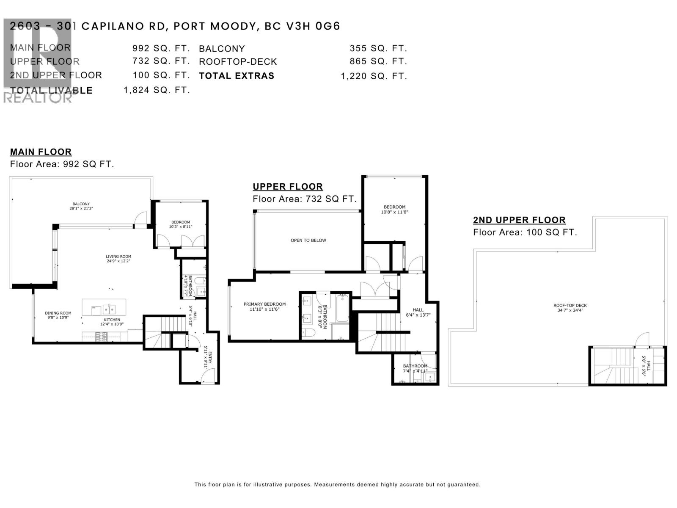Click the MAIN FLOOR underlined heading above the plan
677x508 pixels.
tap(41, 152)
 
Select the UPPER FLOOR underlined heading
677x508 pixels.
tap(288, 187)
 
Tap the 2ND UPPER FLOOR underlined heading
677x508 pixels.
tap(519, 220)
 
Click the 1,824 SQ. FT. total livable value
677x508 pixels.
tap(157, 90)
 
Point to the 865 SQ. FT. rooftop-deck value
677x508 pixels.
tap(378, 61)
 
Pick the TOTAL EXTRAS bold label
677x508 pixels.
tap(237, 76)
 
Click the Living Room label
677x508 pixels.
tap(118, 259)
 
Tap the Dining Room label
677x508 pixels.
tap(58, 315)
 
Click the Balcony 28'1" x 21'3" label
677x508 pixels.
tap(81, 206)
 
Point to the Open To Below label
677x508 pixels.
tap(308, 240)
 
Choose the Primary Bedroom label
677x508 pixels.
tap(264, 306)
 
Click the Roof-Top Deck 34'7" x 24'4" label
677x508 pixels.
tap(570, 308)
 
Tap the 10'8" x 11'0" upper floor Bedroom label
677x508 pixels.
tap(394, 210)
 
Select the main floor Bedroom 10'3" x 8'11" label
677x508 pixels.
tap(181, 224)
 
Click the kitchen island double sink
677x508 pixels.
tap(109, 308)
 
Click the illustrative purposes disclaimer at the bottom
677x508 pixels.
tap(337, 485)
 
